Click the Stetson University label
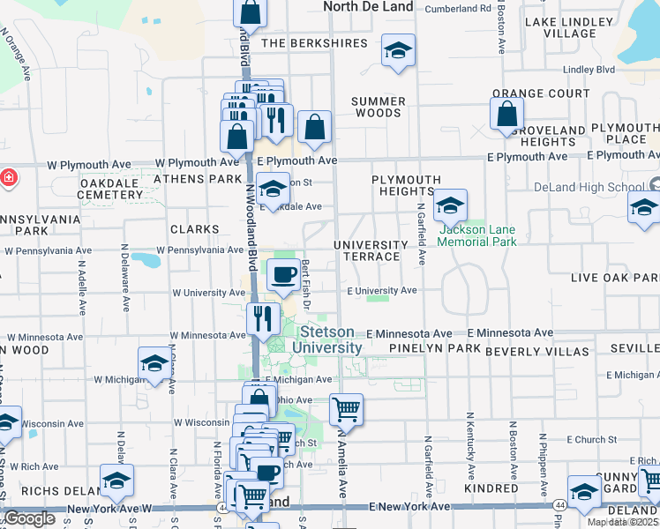(x=331, y=339)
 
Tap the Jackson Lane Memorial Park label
(x=477, y=235)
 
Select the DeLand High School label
(x=589, y=187)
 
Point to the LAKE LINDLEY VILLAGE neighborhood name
(x=570, y=27)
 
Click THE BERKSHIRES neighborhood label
(x=301, y=43)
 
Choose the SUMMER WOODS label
(x=378, y=107)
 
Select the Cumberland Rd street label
(x=458, y=9)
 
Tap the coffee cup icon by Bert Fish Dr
(x=283, y=276)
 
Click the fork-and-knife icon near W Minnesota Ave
(x=263, y=317)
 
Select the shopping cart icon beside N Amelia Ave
(x=346, y=408)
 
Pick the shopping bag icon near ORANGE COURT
(x=506, y=114)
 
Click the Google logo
(x=29, y=518)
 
